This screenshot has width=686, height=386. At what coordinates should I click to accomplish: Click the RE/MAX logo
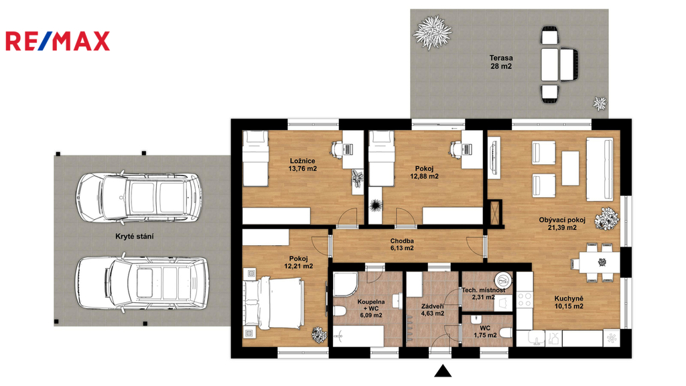pos(58,41)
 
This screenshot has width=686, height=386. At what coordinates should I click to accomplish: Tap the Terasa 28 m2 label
pos(501,62)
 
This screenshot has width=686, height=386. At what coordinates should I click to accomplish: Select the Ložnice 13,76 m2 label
pos(302,165)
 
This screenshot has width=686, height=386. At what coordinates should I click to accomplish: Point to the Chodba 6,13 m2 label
pos(402,244)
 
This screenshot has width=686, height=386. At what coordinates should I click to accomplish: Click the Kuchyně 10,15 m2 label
pos(569,302)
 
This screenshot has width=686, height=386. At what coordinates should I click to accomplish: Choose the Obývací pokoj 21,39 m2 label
pos(562,224)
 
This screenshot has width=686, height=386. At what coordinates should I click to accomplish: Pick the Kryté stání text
pos(134,237)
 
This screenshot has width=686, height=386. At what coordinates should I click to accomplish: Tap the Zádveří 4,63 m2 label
pos(433,310)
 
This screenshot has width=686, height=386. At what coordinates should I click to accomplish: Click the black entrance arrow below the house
pos(443,371)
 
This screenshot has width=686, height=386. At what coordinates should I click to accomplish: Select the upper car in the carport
pos(139,197)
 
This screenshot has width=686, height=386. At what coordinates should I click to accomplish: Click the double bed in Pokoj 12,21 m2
pos(274,305)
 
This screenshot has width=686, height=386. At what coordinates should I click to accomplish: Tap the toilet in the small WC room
pos(506,332)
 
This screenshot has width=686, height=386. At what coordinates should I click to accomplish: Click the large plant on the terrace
pos(433,32)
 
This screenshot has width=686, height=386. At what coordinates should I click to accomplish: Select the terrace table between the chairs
pos(550,64)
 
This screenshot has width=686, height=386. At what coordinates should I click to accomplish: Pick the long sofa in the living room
pos(600,169)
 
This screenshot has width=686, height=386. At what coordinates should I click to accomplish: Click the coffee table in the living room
pos(571,168)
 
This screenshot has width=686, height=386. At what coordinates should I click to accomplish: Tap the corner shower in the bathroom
pos(346,284)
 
